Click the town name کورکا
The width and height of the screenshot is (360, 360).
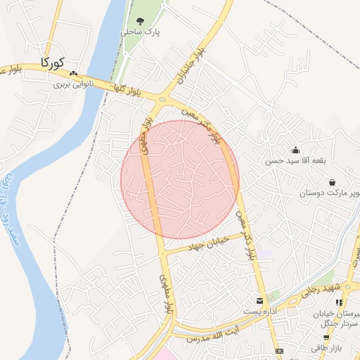pyautogui.click(x=54, y=62)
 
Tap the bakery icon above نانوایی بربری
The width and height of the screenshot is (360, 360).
pyautogui.click(x=73, y=73)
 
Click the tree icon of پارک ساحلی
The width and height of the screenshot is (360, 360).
pyautogui.click(x=140, y=21)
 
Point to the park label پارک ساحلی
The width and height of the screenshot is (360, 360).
pyautogui.click(x=140, y=32)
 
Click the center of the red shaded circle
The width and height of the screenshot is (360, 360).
pyautogui.click(x=180, y=179)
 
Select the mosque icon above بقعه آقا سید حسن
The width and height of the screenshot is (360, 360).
pyautogui.click(x=295, y=150)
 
